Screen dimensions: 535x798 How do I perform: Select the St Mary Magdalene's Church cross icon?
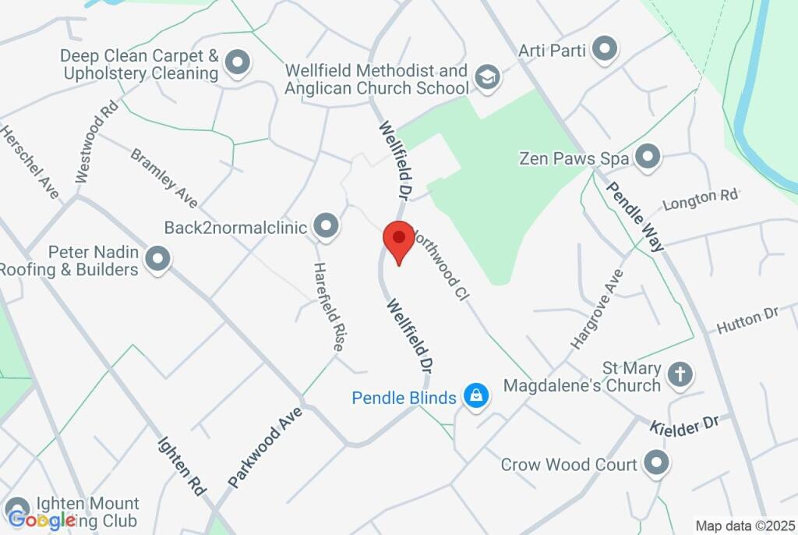tap(680, 374)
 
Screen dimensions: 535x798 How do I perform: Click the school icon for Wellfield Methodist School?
tap(488, 78)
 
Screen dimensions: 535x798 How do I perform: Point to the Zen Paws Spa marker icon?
tap(648, 158)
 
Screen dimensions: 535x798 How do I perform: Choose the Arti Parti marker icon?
tap(604, 50)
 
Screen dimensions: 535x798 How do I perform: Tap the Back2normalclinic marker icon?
tap(326, 227)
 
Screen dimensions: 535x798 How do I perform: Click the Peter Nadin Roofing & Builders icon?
tap(158, 260)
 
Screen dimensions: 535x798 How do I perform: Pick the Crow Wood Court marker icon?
tap(656, 464)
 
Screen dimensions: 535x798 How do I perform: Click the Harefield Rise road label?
tap(328, 306)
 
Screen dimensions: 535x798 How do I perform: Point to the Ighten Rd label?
tap(182, 465)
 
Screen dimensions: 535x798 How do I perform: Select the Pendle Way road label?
tap(636, 216)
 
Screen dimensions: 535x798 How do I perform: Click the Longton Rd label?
tap(700, 199)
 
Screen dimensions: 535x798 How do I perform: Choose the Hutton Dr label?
tap(747, 321)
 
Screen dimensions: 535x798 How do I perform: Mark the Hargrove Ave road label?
tap(597, 309)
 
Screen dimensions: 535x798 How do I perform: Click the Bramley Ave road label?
tap(164, 178)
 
